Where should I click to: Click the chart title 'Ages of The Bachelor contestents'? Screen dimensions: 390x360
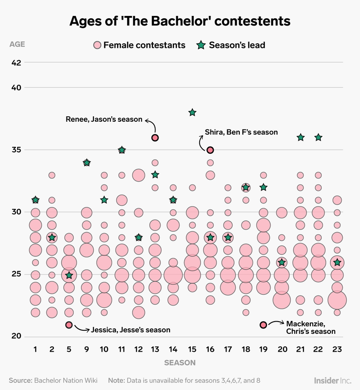(x=180, y=21)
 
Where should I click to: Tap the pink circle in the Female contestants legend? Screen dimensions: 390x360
(x=97, y=45)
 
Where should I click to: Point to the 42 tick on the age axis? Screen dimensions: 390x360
(x=16, y=62)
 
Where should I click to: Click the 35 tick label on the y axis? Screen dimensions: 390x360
(x=16, y=150)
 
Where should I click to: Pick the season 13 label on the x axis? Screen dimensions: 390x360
(x=155, y=349)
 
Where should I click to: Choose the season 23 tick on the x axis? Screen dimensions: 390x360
(x=337, y=349)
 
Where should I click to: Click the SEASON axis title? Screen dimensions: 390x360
(x=180, y=363)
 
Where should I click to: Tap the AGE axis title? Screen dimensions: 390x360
(x=17, y=45)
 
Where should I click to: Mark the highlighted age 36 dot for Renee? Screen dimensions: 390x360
(x=155, y=138)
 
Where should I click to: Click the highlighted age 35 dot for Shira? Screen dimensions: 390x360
(x=210, y=150)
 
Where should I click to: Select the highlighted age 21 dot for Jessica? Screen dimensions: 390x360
(x=69, y=325)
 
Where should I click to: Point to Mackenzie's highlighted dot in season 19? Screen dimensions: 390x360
(x=263, y=325)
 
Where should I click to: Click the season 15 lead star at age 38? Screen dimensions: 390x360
(x=192, y=113)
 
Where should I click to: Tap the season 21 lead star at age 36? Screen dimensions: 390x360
(x=301, y=137)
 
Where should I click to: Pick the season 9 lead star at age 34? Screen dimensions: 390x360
(x=87, y=162)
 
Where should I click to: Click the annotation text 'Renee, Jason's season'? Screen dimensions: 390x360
(x=104, y=120)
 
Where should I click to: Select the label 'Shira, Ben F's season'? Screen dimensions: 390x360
(x=241, y=132)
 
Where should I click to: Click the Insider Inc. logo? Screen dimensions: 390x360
(x=332, y=380)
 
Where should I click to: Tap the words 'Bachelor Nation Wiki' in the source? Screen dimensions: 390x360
(x=67, y=380)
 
